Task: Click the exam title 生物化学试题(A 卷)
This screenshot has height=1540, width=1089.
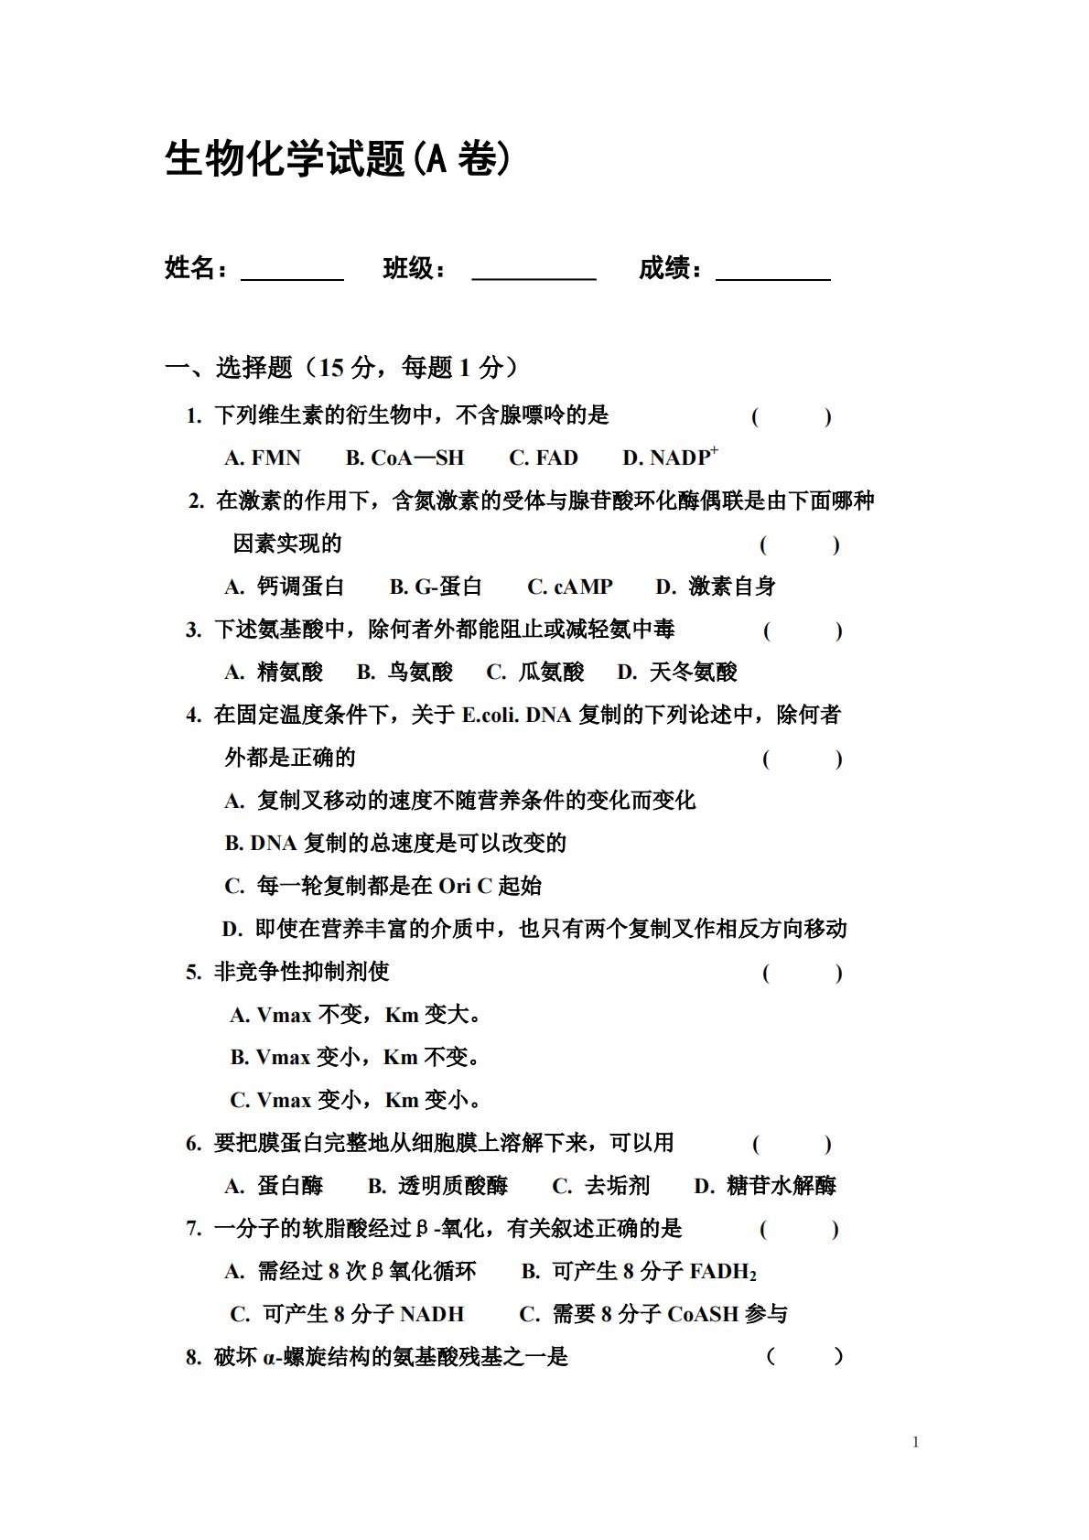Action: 338,159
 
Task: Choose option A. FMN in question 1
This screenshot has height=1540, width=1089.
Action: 263,458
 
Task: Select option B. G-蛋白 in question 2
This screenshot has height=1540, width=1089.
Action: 436,587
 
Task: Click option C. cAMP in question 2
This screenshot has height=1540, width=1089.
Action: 569,587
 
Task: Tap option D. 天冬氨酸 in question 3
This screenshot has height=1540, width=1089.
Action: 677,673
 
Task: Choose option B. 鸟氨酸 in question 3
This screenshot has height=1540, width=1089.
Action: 404,673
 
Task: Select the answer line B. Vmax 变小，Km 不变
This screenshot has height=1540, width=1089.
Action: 355,1058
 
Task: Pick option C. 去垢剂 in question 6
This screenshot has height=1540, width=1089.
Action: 600,1187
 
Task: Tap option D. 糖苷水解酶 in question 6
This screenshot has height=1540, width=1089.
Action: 765,1187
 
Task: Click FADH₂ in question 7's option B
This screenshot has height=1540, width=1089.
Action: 723,1272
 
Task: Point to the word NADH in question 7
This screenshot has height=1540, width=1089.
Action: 432,1315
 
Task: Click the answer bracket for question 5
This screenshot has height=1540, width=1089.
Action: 803,974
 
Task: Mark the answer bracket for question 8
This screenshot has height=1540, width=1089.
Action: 804,1357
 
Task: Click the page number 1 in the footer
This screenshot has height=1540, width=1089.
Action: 916,1443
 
